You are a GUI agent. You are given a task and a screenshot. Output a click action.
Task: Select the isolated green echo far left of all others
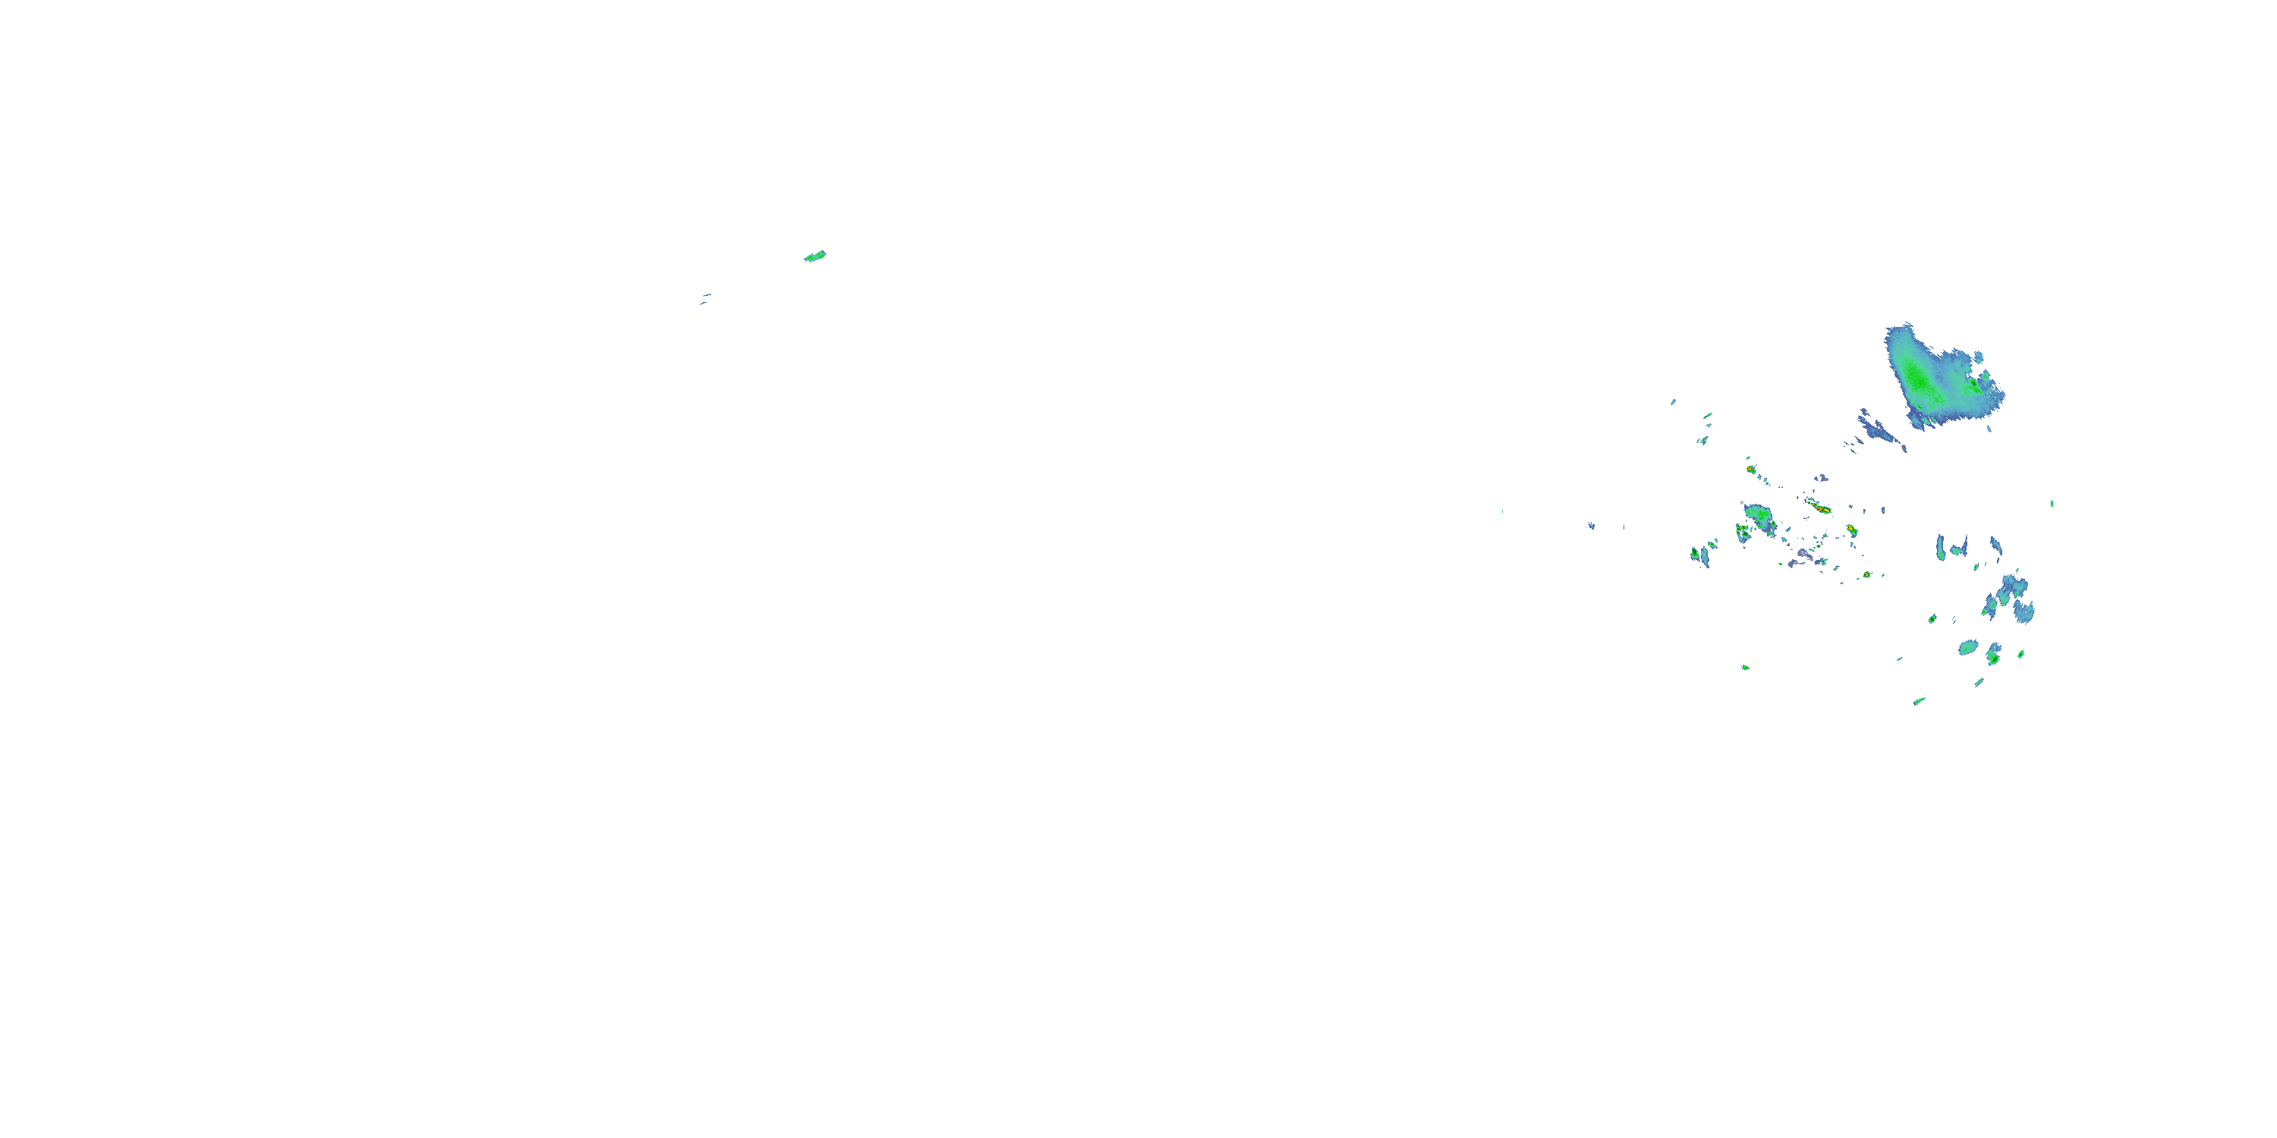pyautogui.click(x=815, y=256)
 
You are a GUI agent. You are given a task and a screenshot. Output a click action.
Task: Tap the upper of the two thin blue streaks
pyautogui.click(x=707, y=295)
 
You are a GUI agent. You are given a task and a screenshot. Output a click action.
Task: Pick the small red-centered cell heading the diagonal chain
pyautogui.click(x=1750, y=469)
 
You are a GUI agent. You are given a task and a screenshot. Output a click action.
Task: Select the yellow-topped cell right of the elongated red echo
pyautogui.click(x=1850, y=530)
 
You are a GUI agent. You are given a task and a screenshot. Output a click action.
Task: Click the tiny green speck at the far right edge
pyautogui.click(x=2052, y=504)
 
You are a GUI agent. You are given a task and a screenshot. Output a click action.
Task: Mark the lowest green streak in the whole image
pyautogui.click(x=1919, y=702)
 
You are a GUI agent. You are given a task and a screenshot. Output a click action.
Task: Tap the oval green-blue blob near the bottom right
pyautogui.click(x=1967, y=648)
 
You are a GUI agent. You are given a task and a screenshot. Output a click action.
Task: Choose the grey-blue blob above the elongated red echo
pyautogui.click(x=1821, y=478)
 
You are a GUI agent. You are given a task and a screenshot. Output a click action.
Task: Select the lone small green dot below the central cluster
pyautogui.click(x=1745, y=667)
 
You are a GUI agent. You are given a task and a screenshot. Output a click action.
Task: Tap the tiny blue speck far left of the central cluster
pyautogui.click(x=1591, y=526)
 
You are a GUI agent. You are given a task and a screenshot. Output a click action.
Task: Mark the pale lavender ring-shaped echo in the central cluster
pyautogui.click(x=1803, y=555)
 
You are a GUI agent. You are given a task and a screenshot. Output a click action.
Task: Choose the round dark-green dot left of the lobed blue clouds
pyautogui.click(x=1932, y=618)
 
